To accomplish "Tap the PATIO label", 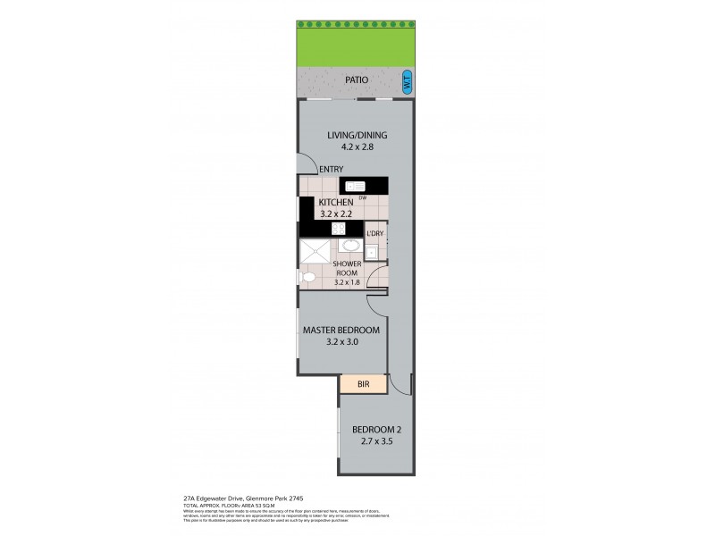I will pyautogui.click(x=357, y=80).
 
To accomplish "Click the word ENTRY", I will pyautogui.click(x=331, y=169).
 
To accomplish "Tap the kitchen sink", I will pyautogui.click(x=357, y=185).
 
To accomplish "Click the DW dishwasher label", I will pyautogui.click(x=364, y=197).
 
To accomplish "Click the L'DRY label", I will pyautogui.click(x=375, y=234).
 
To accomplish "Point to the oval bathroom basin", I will pyautogui.click(x=349, y=247).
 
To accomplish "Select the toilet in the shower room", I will pyautogui.click(x=308, y=277).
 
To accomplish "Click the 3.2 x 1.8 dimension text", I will pyautogui.click(x=347, y=282).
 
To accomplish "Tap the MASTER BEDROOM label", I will pyautogui.click(x=341, y=330).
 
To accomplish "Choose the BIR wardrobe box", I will pyautogui.click(x=363, y=384).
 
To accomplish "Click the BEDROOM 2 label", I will pyautogui.click(x=375, y=427).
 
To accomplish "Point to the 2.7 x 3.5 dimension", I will pyautogui.click(x=375, y=440).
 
